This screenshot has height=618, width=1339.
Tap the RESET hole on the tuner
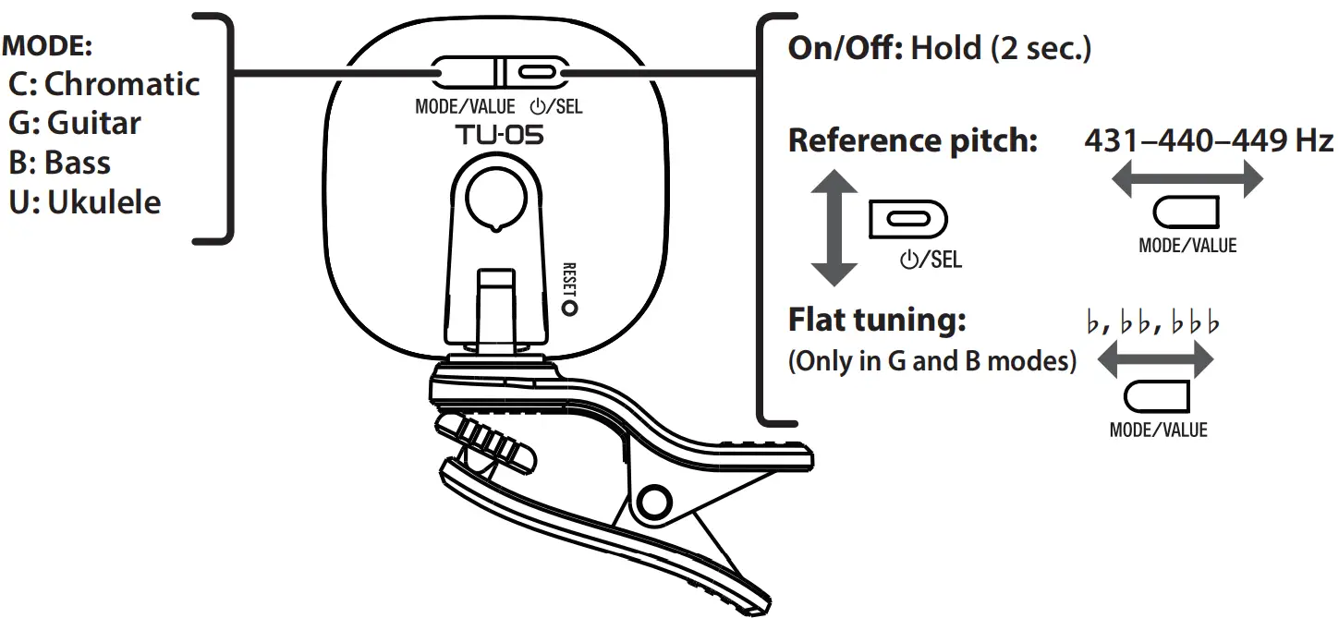[570, 308]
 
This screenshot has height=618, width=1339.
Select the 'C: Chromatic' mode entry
[103, 84]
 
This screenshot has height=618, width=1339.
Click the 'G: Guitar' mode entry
[75, 123]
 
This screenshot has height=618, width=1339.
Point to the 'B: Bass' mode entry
[60, 163]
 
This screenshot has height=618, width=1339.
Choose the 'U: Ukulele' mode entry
[85, 202]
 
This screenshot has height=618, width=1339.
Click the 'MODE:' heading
[48, 45]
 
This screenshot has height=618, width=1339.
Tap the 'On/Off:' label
[844, 48]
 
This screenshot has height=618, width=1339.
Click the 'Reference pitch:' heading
[912, 141]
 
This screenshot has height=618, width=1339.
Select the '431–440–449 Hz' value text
[1208, 141]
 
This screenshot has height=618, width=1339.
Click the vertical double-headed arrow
[834, 226]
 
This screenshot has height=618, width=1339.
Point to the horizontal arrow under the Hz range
[1186, 179]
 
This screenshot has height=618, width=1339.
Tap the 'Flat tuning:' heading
[876, 321]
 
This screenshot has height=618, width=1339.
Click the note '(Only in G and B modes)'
[931, 361]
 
